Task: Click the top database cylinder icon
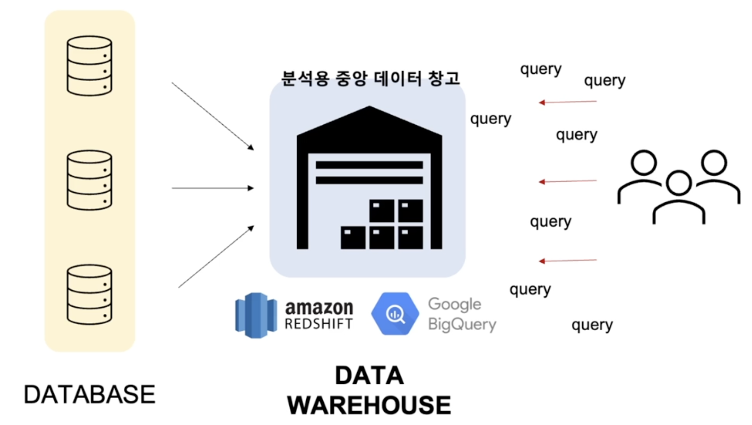[89, 66]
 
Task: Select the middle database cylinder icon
[89, 180]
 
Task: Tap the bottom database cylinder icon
[89, 295]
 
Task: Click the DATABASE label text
[89, 394]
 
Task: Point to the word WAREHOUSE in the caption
[369, 405]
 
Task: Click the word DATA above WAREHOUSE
[369, 376]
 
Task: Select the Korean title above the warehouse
[370, 78]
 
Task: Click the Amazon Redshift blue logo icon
[256, 315]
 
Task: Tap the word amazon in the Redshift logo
[319, 308]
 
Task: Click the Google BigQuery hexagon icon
[395, 314]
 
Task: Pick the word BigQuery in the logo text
[462, 324]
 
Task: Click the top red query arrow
[567, 102]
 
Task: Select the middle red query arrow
[567, 181]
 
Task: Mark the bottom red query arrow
[567, 260]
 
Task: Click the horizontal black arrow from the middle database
[213, 188]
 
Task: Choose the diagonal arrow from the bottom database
[216, 257]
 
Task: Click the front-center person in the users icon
[679, 197]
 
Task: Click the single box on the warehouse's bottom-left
[353, 237]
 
